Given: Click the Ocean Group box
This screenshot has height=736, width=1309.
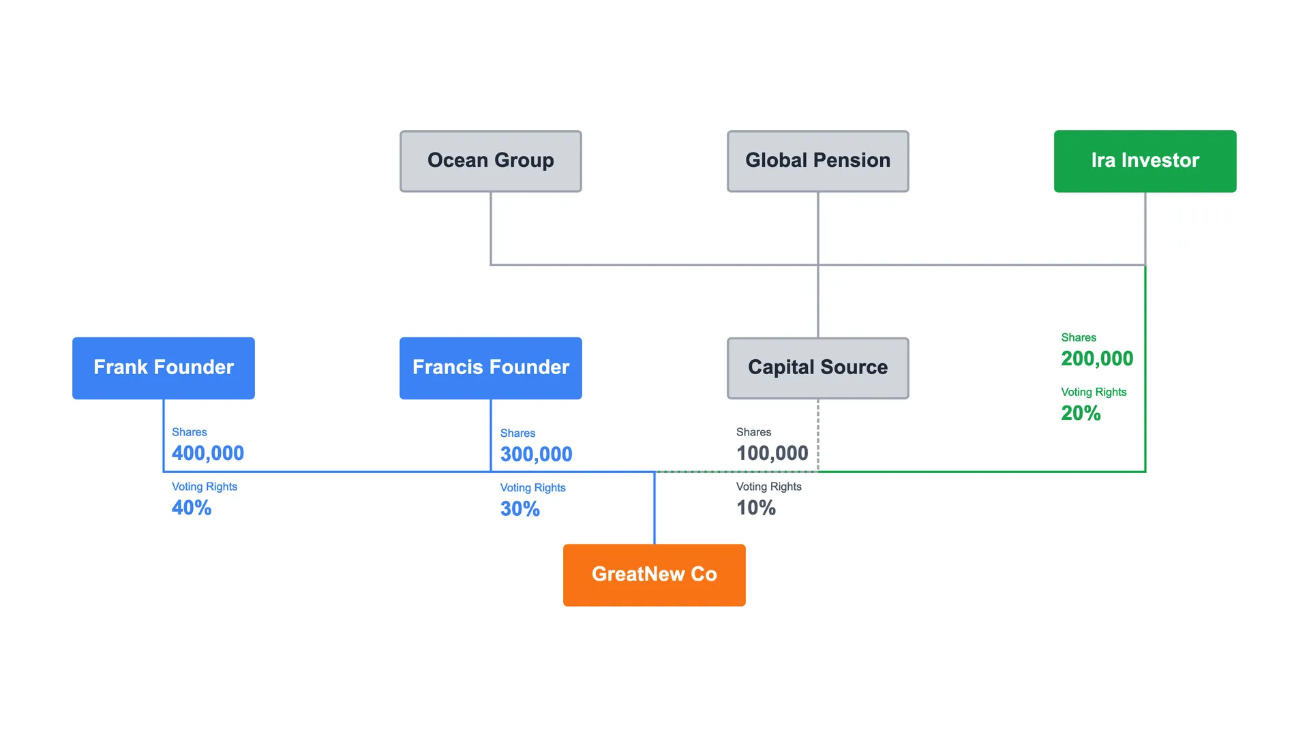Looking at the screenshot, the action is (491, 162).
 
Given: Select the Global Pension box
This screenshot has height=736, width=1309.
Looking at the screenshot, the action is (818, 162).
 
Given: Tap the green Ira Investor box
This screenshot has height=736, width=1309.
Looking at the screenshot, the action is (1145, 162).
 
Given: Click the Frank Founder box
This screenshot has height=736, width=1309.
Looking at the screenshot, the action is (164, 368).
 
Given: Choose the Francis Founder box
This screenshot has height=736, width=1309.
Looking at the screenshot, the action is (491, 368).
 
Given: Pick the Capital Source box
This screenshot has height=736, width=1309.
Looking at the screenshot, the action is (818, 368).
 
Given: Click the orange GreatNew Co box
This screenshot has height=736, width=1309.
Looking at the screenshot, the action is (654, 575).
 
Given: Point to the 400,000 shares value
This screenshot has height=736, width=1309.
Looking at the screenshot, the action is (208, 453).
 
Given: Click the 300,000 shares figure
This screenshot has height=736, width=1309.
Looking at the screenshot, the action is (537, 455).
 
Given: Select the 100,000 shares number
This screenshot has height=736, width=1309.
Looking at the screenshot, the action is (772, 453).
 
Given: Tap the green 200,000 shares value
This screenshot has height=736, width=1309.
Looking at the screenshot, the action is (1097, 358).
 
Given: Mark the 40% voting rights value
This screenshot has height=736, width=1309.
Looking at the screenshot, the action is (192, 508).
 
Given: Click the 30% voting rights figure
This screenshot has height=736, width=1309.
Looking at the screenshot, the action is (520, 509).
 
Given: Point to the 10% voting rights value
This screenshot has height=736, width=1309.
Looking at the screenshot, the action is (756, 508).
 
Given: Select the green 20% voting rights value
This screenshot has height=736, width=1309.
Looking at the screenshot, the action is (1081, 413).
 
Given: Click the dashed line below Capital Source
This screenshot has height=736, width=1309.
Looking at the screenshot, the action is (818, 435).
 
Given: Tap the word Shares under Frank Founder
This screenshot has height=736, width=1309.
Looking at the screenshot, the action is (190, 432).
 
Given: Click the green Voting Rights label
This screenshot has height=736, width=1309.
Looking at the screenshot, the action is (1094, 392).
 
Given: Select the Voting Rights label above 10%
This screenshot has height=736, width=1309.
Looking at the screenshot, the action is (769, 487).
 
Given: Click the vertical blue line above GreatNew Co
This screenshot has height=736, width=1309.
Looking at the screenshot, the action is (654, 508).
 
